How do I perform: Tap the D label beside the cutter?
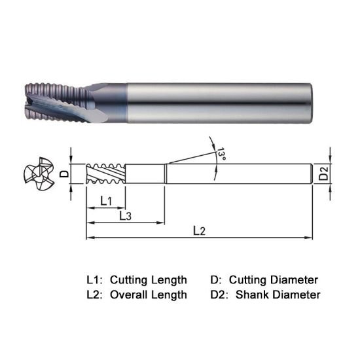(x=64, y=175)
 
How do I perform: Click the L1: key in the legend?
(x=95, y=279)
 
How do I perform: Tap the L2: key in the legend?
(x=95, y=295)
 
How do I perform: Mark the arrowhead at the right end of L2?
(x=312, y=238)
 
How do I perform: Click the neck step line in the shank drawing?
(x=166, y=175)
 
